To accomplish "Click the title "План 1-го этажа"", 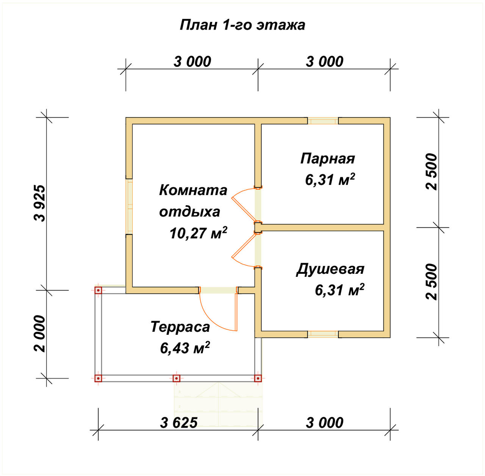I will pyautogui.click(x=242, y=25).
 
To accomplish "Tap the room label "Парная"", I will pyautogui.click(x=328, y=158).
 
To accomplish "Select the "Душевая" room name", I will pyautogui.click(x=330, y=269).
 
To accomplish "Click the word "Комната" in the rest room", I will pyautogui.click(x=193, y=190).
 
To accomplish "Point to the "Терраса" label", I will pyautogui.click(x=180, y=326).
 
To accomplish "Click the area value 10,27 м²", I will pyautogui.click(x=198, y=233).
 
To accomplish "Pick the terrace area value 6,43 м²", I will pyautogui.click(x=185, y=347).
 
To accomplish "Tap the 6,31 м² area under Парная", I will pyautogui.click(x=330, y=179).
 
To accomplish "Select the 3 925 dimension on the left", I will pyautogui.click(x=40, y=203).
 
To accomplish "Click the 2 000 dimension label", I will pyautogui.click(x=40, y=334).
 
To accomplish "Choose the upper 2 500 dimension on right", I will pyautogui.click(x=432, y=172).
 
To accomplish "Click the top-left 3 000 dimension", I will pyautogui.click(x=192, y=61).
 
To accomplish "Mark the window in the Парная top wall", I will pyautogui.click(x=322, y=121).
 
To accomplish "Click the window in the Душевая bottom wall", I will pyautogui.click(x=322, y=334).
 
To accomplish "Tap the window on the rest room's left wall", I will pyautogui.click(x=130, y=206).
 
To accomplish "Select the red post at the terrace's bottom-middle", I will pyautogui.click(x=176, y=378).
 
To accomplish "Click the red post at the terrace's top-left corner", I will pyautogui.click(x=98, y=290).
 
